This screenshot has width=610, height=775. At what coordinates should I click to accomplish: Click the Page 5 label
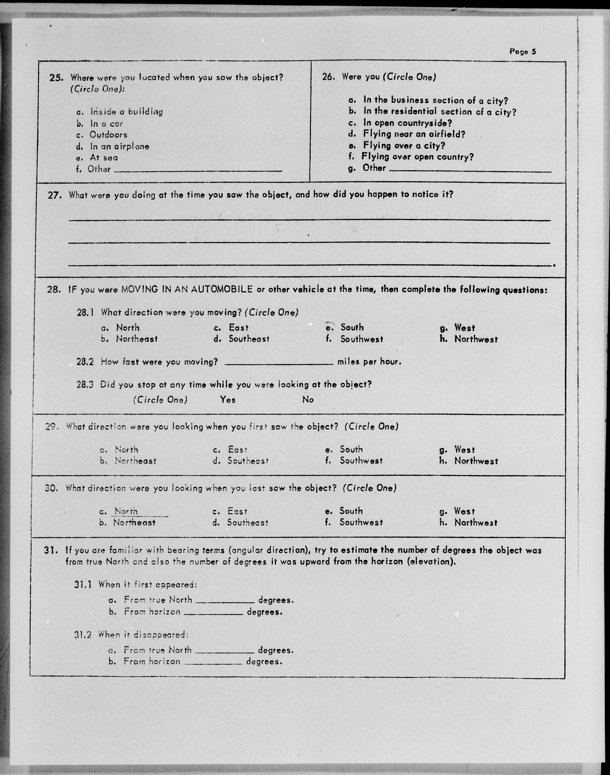523,52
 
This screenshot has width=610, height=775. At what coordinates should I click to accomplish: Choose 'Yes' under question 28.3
228,400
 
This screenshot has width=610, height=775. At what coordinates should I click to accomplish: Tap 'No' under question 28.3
308,400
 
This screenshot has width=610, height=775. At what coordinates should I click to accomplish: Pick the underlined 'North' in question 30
126,511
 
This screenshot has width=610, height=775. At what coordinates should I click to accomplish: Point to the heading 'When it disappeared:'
143,635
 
